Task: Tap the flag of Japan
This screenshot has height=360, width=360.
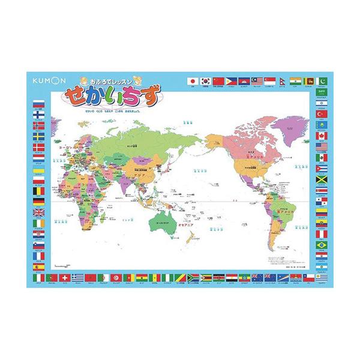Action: pos(193,80)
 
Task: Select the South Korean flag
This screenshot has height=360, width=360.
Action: pos(206,80)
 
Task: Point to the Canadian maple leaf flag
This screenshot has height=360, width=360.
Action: pos(321,135)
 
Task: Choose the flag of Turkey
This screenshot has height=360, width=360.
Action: pos(321,113)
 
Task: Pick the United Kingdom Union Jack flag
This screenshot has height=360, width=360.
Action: pos(39,212)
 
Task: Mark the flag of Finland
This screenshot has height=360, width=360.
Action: pos(39,113)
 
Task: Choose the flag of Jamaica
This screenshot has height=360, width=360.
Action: pos(321,179)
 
